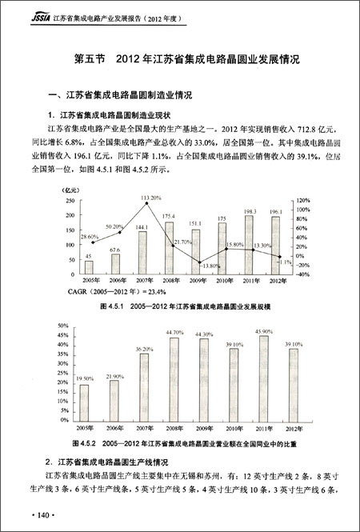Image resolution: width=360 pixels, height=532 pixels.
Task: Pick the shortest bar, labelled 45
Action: (89, 266)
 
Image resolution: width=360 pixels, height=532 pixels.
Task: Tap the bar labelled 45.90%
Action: (248, 383)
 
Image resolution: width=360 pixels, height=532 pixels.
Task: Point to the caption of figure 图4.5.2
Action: (184, 442)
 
